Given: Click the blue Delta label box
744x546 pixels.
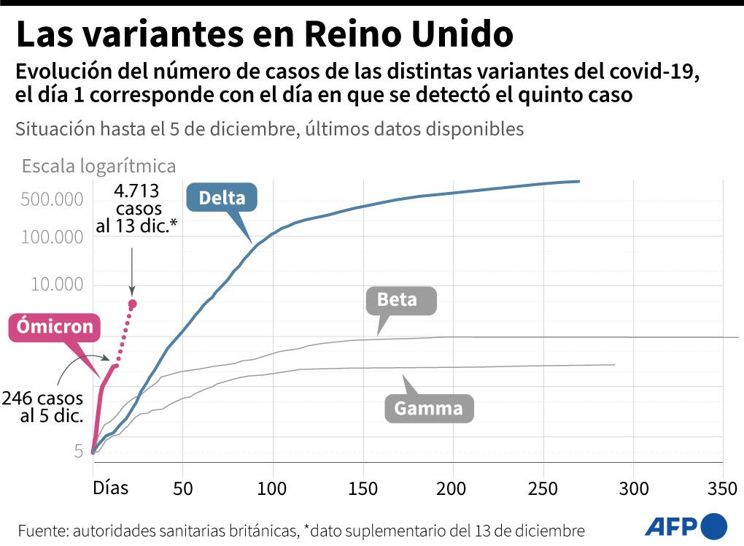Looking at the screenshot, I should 222,197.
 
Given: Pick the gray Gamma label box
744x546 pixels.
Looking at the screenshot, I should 428,408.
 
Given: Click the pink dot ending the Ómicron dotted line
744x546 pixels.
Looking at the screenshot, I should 133,304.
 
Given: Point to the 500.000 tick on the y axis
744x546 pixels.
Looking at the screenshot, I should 56,200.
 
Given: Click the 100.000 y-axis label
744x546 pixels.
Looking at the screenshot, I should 56,237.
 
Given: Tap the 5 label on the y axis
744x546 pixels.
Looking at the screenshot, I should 78,451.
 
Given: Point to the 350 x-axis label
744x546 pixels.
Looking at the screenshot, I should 722,488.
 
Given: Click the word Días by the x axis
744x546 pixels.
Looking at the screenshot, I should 110,487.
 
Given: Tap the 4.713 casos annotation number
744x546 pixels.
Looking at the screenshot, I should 136,191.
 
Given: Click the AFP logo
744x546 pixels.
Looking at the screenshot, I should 686,526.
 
